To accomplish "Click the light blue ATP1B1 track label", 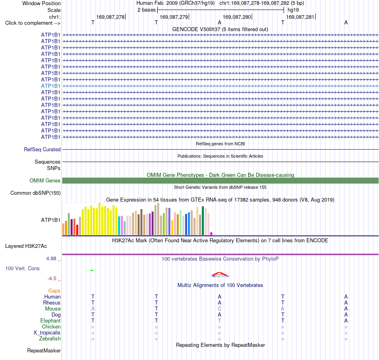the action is coord(51,86).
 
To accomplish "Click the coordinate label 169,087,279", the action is coord(174,17).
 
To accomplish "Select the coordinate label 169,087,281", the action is coord(300,17).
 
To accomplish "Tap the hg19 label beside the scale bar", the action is coord(293,10).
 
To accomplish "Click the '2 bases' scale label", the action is coord(146,10).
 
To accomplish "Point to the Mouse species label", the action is coord(53,309).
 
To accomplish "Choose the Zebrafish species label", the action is coord(50,339).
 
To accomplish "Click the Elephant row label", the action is coord(50,321).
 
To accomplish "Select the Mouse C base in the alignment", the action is coord(219,309).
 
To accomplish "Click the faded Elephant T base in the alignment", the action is coord(219,321).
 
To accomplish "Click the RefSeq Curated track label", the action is coord(42,149).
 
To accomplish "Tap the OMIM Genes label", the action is coord(45,181).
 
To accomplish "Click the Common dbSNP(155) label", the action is coord(36,193).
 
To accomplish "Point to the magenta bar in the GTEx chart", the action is coord(211,233).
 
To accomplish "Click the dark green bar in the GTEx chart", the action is coord(203,221).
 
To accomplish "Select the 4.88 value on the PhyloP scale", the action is coord(51,259).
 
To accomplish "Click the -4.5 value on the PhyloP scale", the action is coord(52,279).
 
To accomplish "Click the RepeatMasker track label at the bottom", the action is coord(44,350).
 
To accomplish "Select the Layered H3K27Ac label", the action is coord(26,246).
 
